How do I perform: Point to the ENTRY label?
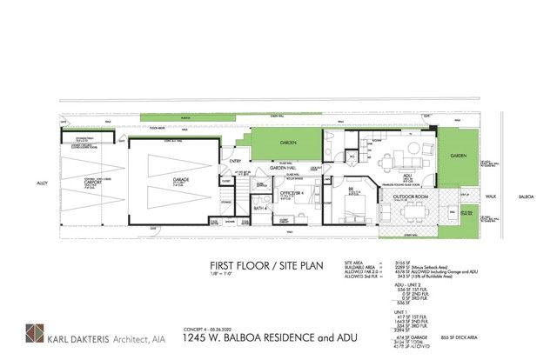coord(236,160)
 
